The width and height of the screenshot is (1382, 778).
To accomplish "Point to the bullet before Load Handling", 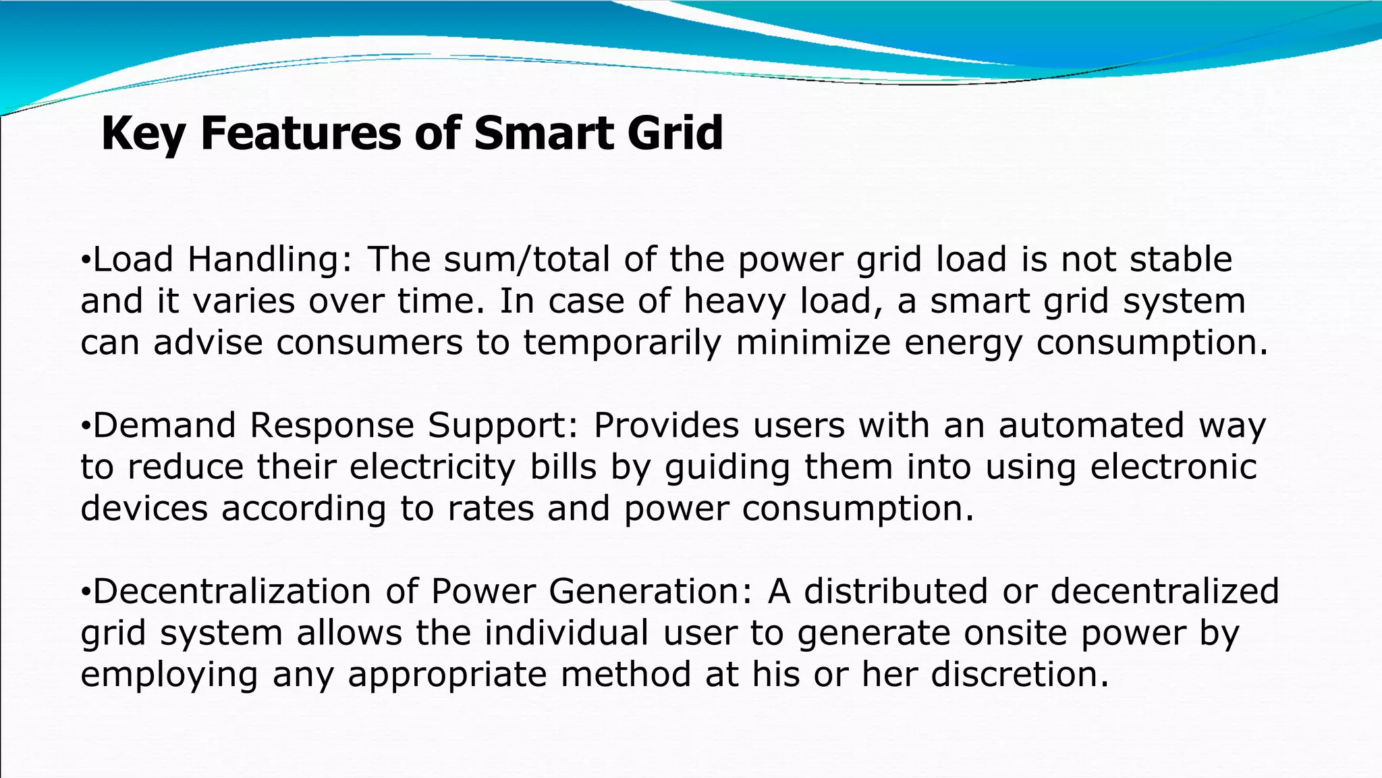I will click(85, 261).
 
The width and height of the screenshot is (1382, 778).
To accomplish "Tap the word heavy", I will click(734, 301).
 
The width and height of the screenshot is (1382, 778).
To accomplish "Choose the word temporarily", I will click(622, 343).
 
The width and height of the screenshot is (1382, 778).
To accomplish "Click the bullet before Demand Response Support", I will click(85, 427).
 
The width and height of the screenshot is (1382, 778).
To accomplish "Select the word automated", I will click(1091, 425).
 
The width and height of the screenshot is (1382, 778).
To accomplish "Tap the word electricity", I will click(433, 467).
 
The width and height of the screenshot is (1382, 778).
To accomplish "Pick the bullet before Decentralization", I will click(85, 593).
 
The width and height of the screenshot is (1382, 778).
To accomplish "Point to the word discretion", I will click(1020, 675).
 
